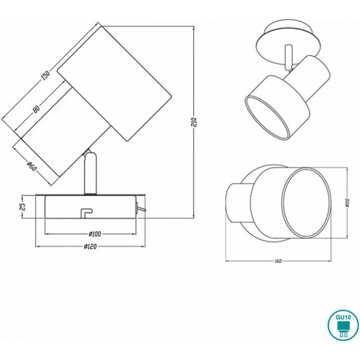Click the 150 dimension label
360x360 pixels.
[x=45, y=75]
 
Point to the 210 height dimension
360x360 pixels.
[x=194, y=122]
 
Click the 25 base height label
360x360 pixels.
[x=22, y=207]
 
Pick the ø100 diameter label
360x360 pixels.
[x=95, y=234]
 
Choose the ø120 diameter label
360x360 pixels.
[x=90, y=246]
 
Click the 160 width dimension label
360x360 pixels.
[x=278, y=261]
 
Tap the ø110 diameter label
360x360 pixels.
[x=347, y=203]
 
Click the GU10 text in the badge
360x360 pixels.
[x=344, y=317]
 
